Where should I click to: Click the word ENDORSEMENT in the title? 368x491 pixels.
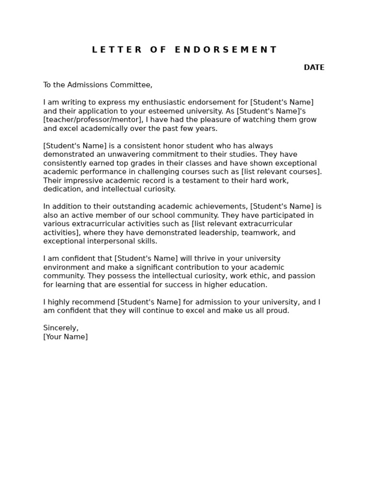[x=226, y=50]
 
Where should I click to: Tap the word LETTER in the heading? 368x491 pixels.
[x=117, y=50]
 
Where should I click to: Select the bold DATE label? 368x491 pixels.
[x=314, y=68]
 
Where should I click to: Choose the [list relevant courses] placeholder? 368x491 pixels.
[x=281, y=172]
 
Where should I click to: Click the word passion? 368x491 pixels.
[x=301, y=276]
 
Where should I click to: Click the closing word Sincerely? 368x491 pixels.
[x=60, y=328]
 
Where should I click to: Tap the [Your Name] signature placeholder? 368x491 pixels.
[x=65, y=337]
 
